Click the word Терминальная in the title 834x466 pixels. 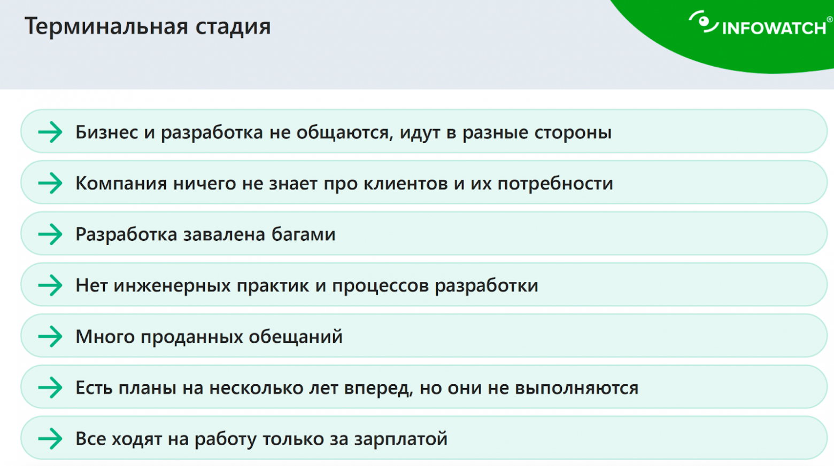point(106,26)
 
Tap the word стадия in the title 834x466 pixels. point(233,27)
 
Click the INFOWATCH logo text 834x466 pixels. point(774,28)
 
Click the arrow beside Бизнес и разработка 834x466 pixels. point(50,132)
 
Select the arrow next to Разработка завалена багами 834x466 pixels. point(50,234)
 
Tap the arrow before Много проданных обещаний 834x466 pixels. point(50,336)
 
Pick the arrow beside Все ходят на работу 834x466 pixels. point(50,439)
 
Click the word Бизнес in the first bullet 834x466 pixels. point(106,132)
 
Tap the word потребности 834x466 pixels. point(555,184)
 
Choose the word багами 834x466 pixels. point(303,234)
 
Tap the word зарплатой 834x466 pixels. point(400,439)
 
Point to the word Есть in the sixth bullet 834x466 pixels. point(94,388)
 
